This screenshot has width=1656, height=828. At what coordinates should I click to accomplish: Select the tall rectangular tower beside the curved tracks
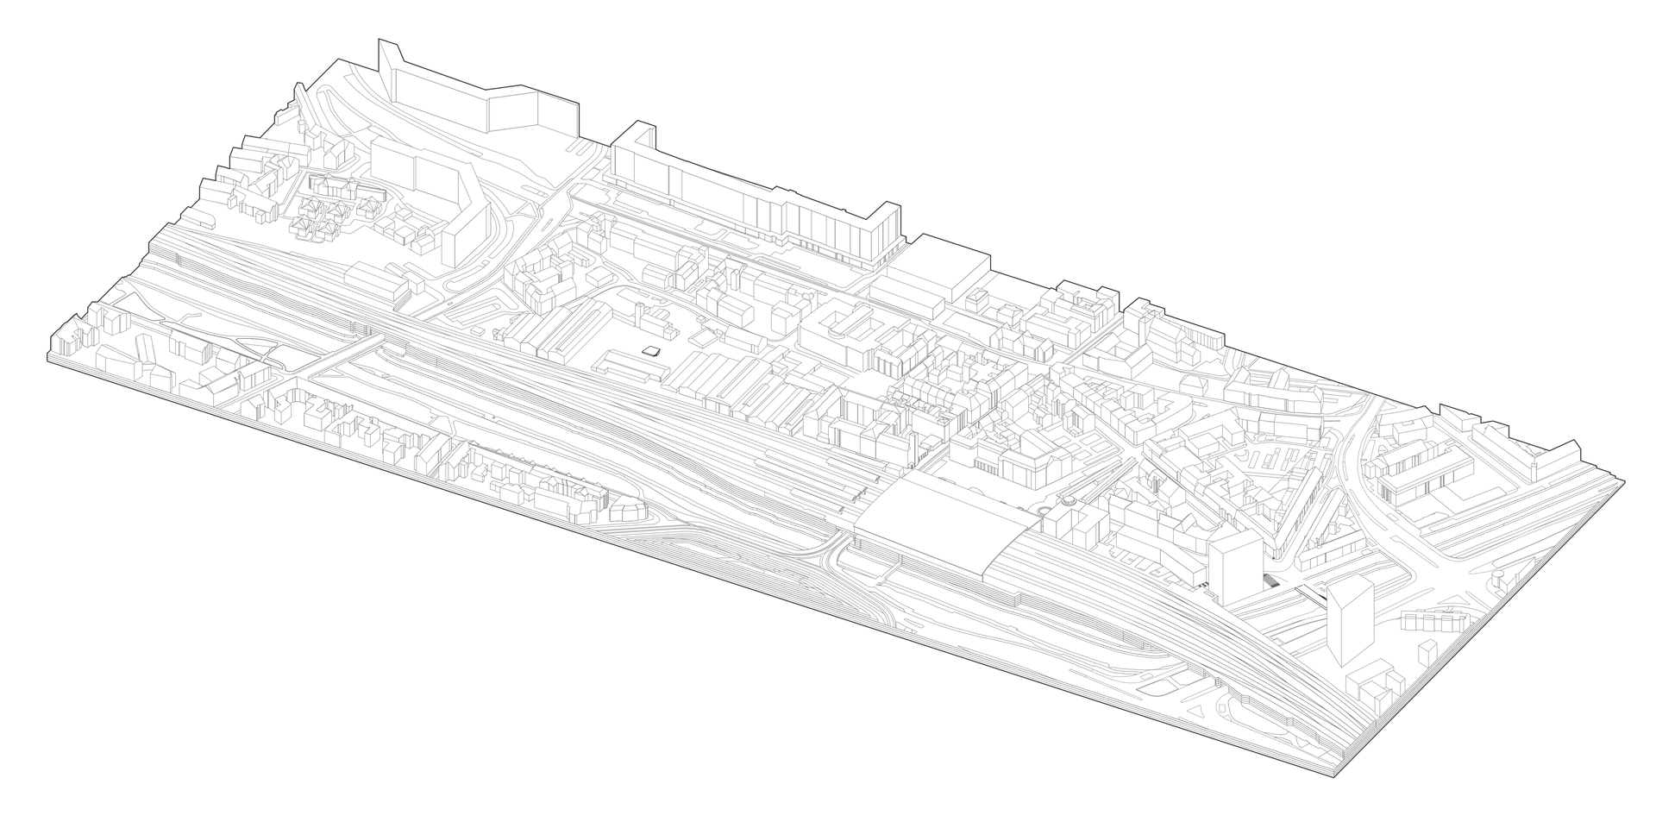pos(1235,565)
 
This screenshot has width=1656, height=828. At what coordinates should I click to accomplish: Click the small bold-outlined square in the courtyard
pos(652,351)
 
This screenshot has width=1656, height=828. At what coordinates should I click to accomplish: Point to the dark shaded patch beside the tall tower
pos(1270,581)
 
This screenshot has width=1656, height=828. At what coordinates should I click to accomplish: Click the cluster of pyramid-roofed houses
pos(336,207)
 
